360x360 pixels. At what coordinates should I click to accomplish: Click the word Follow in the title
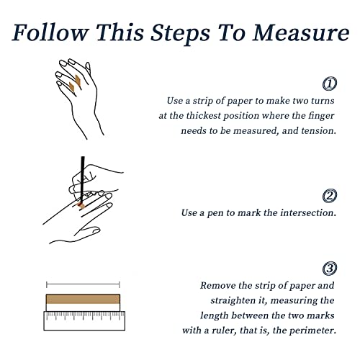pos(50,32)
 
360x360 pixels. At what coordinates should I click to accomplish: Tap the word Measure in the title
pos(301,32)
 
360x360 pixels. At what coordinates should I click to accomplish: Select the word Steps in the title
pos(180,33)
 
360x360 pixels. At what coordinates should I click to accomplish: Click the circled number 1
pos(330,84)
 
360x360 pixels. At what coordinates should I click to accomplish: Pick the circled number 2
pos(330,196)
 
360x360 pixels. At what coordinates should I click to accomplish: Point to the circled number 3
pos(330,268)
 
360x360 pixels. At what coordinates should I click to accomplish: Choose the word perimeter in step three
pos(312,330)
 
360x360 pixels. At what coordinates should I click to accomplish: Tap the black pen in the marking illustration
pos(82,179)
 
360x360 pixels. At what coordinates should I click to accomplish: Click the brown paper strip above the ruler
pos(83,299)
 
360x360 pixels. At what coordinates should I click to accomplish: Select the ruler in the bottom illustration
pos(84,320)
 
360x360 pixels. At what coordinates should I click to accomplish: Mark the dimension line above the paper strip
pos(83,285)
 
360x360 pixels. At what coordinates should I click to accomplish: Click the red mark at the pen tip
pos(80,205)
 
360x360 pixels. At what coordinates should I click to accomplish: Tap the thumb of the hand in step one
pos(88,68)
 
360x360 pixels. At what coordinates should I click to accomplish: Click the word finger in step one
pos(321,116)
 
